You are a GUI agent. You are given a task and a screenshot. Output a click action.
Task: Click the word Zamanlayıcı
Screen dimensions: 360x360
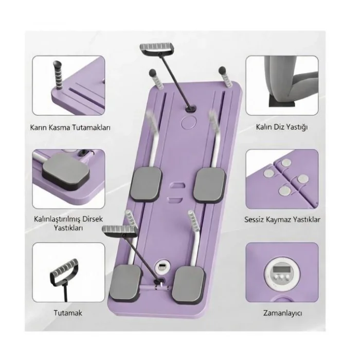282,313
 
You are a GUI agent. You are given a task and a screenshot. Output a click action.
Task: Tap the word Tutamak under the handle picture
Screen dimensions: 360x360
68,313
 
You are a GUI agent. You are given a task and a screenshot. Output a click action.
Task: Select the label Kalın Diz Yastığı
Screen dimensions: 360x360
282,127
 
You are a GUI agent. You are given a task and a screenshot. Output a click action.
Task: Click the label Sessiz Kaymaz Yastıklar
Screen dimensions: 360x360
282,220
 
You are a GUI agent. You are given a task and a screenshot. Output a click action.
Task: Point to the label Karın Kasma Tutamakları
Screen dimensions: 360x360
70,127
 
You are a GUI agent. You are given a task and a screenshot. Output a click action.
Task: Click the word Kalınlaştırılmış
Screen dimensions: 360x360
58,219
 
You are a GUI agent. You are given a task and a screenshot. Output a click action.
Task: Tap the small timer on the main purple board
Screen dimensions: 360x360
163,267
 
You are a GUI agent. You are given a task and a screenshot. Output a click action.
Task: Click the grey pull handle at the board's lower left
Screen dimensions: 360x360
119,230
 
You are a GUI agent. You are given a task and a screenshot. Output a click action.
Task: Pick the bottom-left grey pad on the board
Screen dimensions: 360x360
127,283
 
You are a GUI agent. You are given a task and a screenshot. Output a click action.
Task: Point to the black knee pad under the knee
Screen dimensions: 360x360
282,102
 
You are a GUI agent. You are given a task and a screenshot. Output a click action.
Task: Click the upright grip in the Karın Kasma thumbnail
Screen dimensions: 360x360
58,76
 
